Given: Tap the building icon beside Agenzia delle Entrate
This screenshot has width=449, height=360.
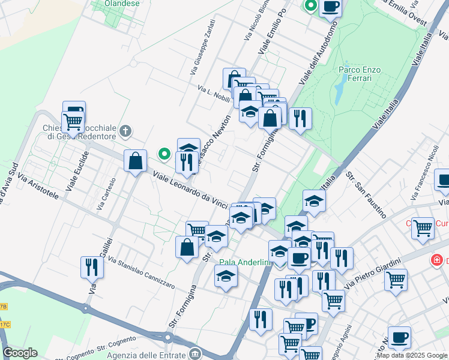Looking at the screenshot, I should (x=194, y=353).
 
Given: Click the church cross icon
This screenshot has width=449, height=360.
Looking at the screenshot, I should (x=126, y=131).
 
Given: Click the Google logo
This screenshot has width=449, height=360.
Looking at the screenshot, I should (x=20, y=352).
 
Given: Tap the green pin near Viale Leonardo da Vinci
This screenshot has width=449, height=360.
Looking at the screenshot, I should (x=164, y=154).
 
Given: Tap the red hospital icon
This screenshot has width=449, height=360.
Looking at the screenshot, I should (x=436, y=261).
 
